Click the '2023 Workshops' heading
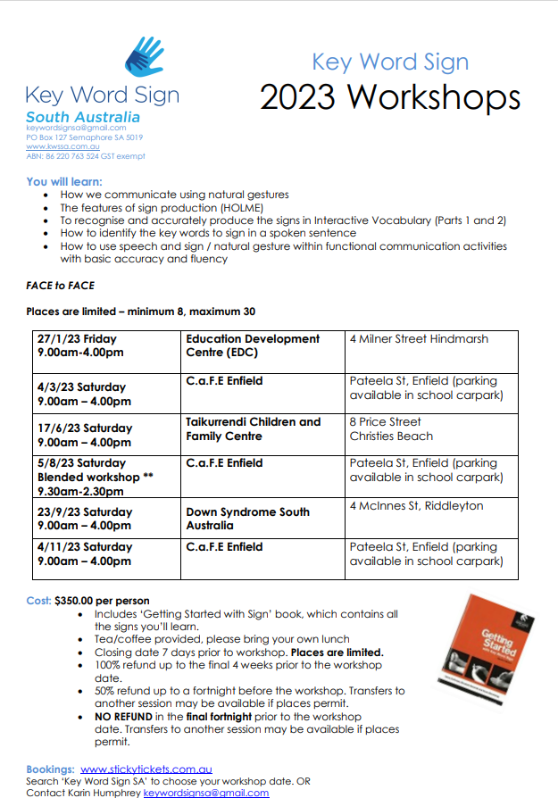click(x=389, y=96)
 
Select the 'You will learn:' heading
click(x=64, y=181)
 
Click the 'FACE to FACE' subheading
click(x=61, y=286)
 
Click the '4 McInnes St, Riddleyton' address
click(x=416, y=506)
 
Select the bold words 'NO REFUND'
click(x=124, y=717)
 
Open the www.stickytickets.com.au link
click(x=146, y=769)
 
